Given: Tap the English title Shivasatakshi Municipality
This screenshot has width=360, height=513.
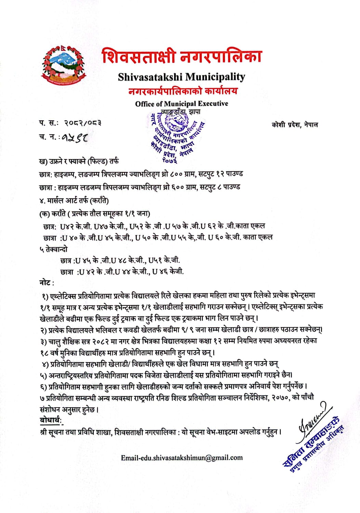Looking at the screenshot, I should (x=182, y=77).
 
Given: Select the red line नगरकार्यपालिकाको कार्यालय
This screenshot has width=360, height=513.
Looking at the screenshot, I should (x=183, y=91).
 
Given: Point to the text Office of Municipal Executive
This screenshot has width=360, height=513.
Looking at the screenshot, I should (x=182, y=104).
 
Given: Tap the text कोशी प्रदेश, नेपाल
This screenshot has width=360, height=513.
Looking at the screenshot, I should (x=295, y=125).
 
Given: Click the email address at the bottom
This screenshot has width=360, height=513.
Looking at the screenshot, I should (x=182, y=458).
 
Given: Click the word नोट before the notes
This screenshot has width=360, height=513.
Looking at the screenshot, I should (x=46, y=283).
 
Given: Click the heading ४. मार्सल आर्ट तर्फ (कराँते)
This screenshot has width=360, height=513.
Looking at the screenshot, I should (x=74, y=200).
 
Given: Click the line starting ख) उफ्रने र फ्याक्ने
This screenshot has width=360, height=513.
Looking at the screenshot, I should (x=79, y=161).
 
